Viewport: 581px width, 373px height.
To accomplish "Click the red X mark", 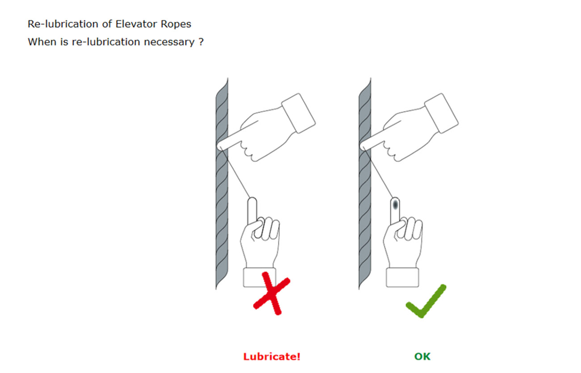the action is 271,293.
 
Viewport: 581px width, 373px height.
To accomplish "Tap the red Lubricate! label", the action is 272,356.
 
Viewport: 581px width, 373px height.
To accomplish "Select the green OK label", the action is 422,356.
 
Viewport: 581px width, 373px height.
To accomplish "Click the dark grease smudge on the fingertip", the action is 395,205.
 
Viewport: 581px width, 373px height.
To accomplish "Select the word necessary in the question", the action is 169,42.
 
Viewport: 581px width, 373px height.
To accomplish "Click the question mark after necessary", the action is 201,42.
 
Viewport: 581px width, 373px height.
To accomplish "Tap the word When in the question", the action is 42,42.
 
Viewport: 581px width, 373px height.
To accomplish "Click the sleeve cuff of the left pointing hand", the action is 299,113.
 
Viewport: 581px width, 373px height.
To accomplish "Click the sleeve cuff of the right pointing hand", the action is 442,113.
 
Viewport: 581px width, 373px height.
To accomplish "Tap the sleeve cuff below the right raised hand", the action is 402,277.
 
